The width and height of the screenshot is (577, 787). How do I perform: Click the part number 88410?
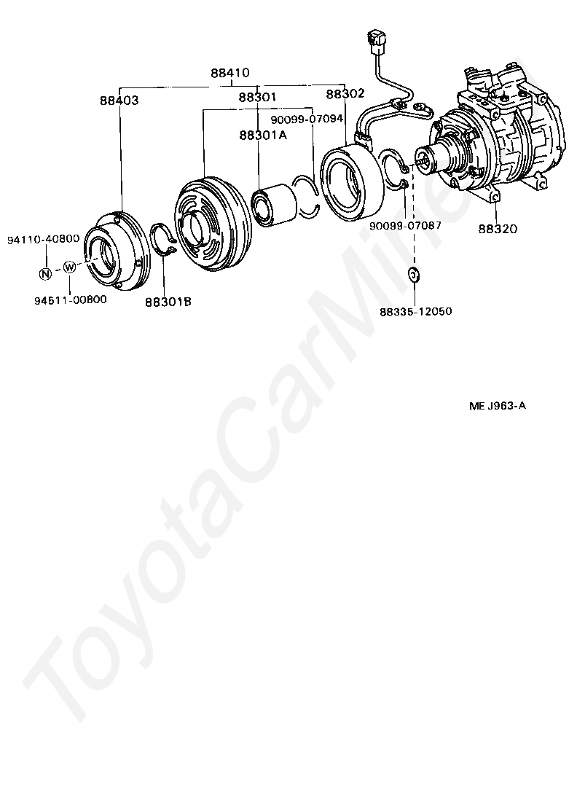[x=230, y=73]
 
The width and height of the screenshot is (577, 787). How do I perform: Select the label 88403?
[x=119, y=101]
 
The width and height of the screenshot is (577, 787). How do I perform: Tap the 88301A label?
[x=262, y=135]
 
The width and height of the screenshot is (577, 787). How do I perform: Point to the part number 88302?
[x=345, y=94]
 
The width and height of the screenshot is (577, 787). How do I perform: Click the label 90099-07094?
[x=307, y=120]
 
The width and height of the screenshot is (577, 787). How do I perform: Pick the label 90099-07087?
[x=405, y=225]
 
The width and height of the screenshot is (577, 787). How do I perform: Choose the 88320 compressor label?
[x=498, y=228]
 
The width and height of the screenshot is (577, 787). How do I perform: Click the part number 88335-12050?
[x=416, y=311]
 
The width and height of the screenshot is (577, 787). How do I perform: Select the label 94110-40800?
[x=44, y=239]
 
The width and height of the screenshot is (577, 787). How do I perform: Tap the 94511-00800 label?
[x=70, y=299]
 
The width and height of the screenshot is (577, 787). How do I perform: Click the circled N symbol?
[x=45, y=274]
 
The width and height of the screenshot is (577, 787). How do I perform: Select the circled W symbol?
[x=69, y=267]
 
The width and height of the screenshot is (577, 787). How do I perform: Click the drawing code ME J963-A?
[x=498, y=406]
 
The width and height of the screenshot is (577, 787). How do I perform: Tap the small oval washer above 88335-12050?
[x=415, y=275]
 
